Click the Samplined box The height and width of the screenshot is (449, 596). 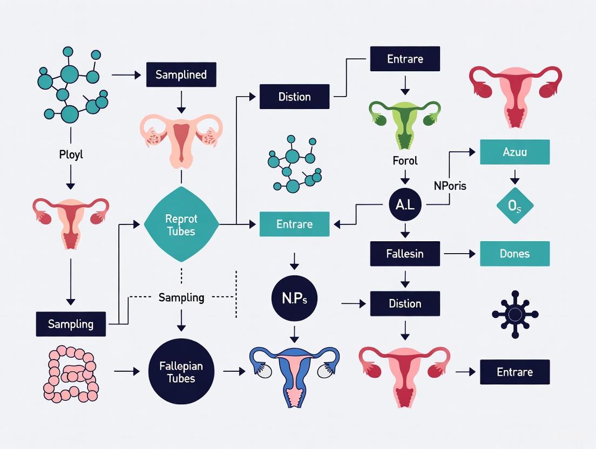pyautogui.click(x=181, y=74)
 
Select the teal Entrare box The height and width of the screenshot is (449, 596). pyautogui.click(x=294, y=224)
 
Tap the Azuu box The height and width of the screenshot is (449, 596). pyautogui.click(x=514, y=152)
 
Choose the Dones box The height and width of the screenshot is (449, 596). pyautogui.click(x=514, y=254)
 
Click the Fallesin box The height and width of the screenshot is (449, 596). pyautogui.click(x=405, y=254)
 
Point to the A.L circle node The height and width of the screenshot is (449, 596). pyautogui.click(x=405, y=204)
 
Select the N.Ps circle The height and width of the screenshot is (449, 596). pyautogui.click(x=294, y=298)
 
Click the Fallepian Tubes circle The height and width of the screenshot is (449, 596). pyautogui.click(x=181, y=372)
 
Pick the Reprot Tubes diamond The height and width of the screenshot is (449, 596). pyautogui.click(x=181, y=224)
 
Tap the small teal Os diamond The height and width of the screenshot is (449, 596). pyautogui.click(x=514, y=205)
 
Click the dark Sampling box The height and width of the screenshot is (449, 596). pyautogui.click(x=71, y=324)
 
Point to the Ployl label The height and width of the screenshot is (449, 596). pyautogui.click(x=71, y=155)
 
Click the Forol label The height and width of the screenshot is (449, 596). pyautogui.click(x=405, y=160)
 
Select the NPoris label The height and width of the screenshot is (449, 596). pyautogui.click(x=450, y=186)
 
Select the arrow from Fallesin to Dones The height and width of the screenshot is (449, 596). pyautogui.click(x=459, y=254)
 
